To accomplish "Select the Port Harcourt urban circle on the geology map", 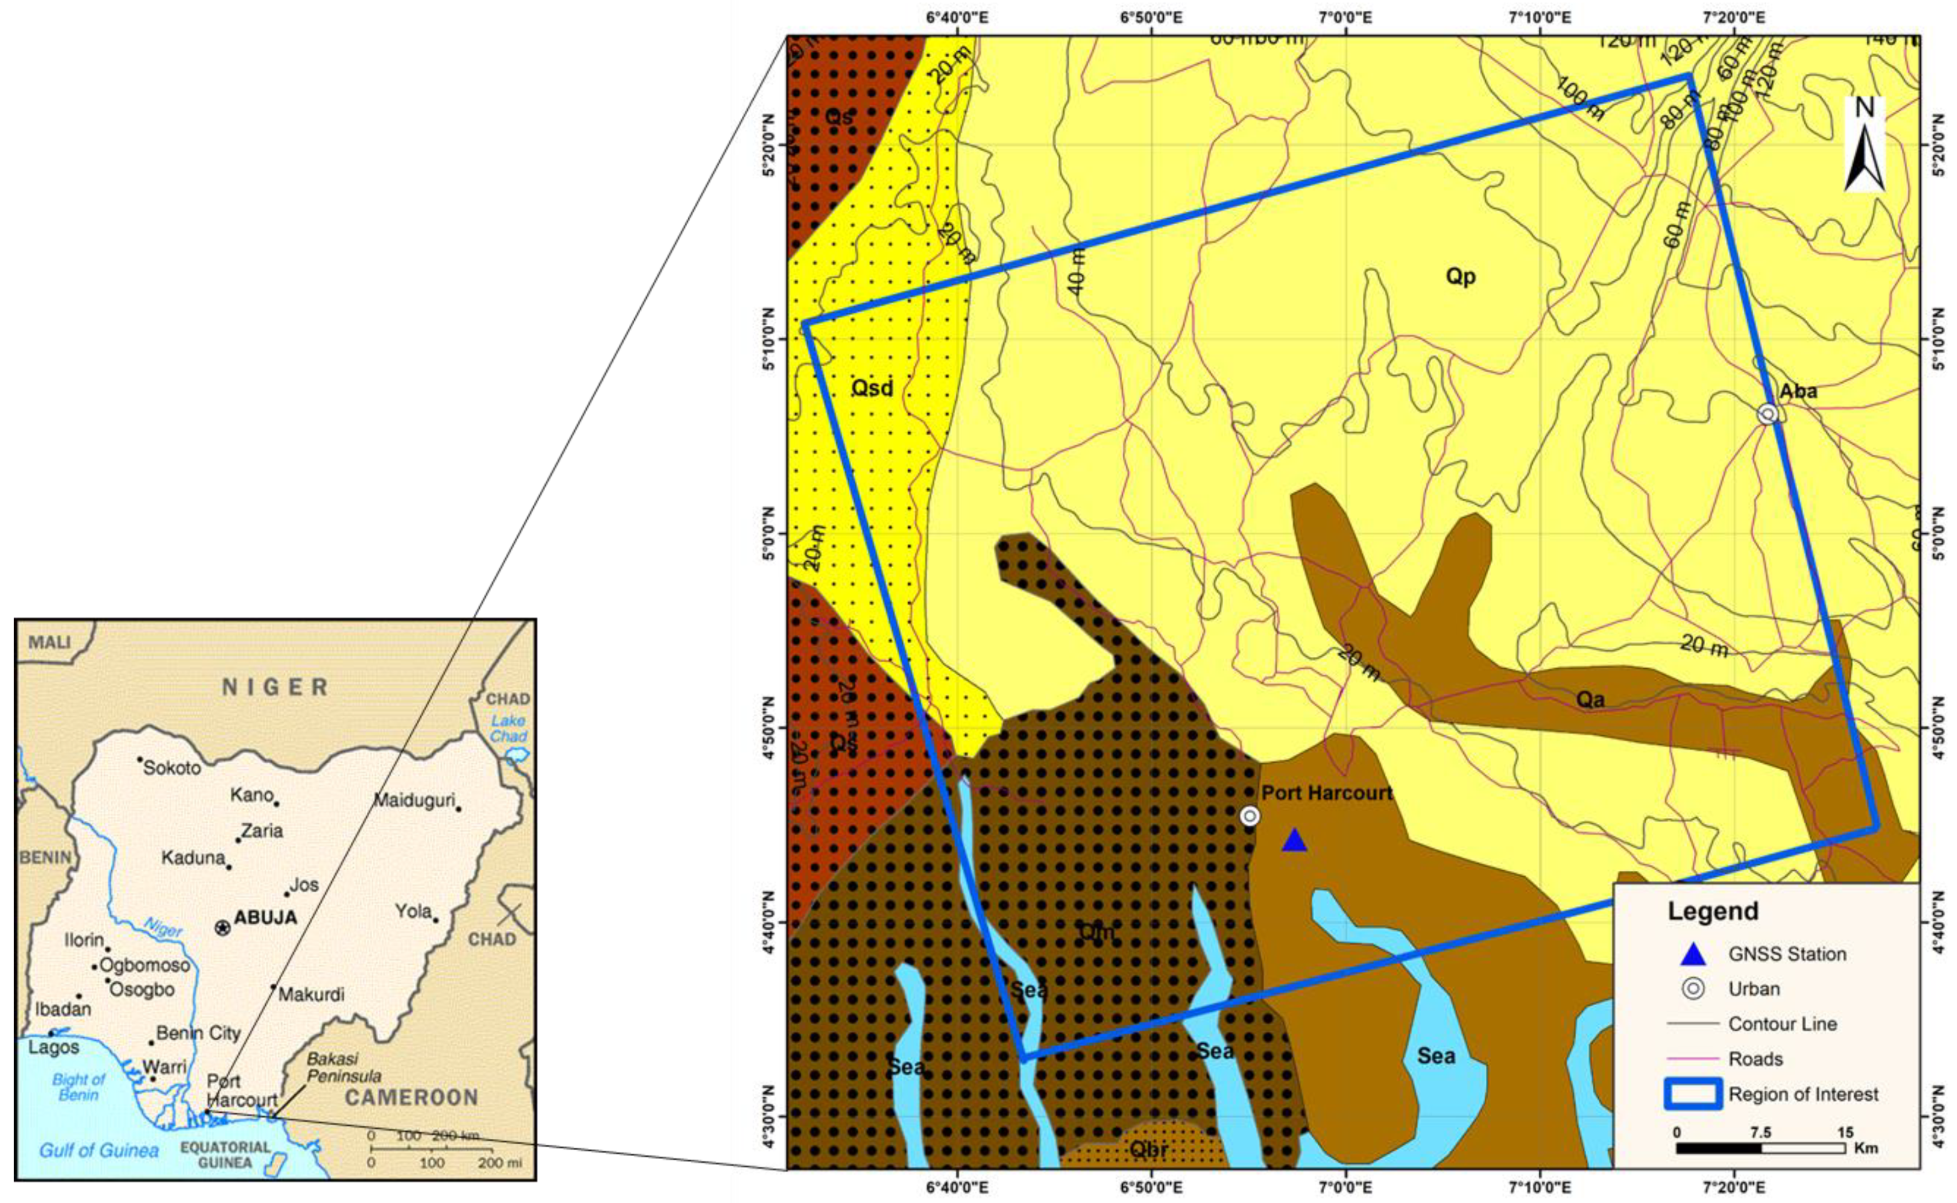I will click(1250, 816).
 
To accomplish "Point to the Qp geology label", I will click(1460, 276).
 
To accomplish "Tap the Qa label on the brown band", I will click(1590, 700).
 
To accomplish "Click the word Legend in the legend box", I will click(1713, 911).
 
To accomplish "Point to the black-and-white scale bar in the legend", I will click(1760, 1148).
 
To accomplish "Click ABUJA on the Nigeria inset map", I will click(264, 917).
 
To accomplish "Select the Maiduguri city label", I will click(414, 801).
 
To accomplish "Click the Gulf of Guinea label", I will click(99, 1150).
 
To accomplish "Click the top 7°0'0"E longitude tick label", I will click(1345, 17).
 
